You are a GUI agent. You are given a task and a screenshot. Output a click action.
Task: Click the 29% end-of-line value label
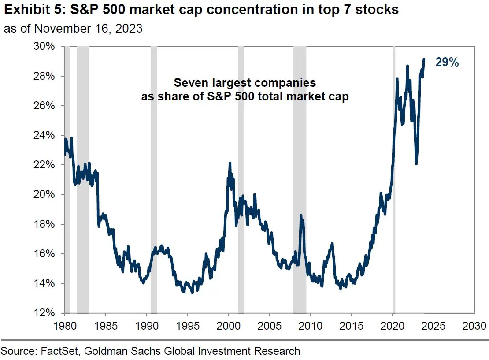tap(447, 63)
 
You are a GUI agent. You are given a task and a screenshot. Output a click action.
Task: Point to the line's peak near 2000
tap(230, 163)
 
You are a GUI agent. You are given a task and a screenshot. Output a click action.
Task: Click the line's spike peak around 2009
tap(301, 215)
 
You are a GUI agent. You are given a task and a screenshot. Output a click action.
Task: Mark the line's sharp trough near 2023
tap(416, 163)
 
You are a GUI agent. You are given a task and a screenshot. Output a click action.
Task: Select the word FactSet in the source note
tap(60, 351)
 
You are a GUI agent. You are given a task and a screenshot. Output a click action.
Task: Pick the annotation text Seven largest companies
tap(244, 83)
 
